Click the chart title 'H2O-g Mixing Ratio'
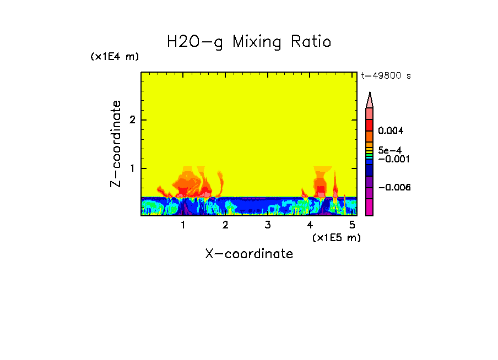(249, 42)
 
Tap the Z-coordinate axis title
(116, 144)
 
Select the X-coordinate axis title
(249, 254)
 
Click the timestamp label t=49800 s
(386, 76)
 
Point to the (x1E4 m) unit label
(115, 57)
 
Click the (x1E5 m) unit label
(336, 237)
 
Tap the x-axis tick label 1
(183, 225)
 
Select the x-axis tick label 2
(225, 225)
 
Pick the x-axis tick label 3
(268, 225)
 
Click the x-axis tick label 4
(310, 225)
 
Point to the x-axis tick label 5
(352, 225)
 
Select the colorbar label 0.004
(391, 131)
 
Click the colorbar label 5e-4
(389, 150)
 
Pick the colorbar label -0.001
(391, 159)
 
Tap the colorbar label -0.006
(394, 188)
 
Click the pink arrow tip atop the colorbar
(370, 100)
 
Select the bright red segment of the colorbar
(370, 124)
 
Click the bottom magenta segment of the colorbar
(370, 208)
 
